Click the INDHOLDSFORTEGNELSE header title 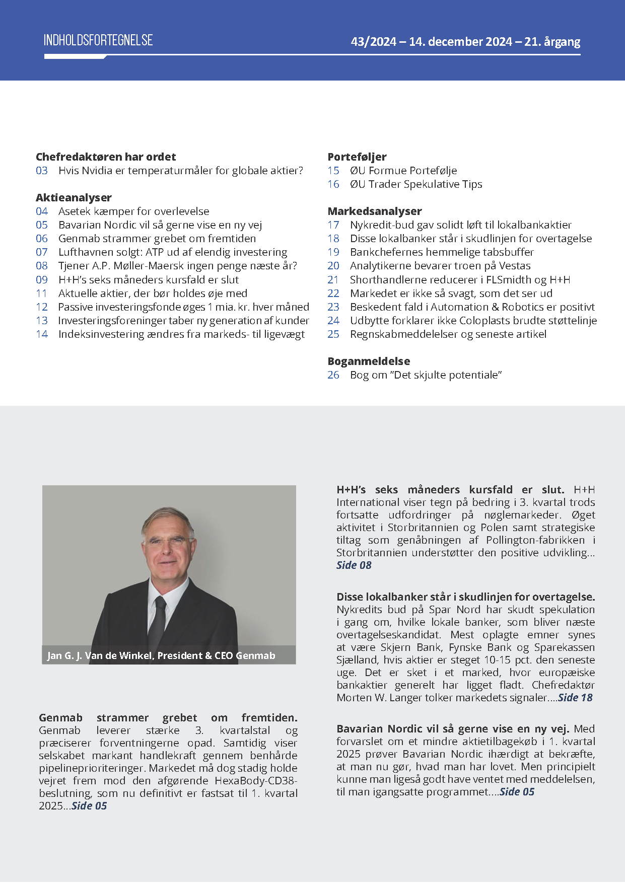tap(98, 40)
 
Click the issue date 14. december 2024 tap(460, 42)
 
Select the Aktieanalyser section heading tap(74, 197)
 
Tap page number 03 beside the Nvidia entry tap(42, 171)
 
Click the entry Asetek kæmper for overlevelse tap(133, 211)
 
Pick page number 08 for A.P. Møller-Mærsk tap(42, 266)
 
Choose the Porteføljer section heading tap(357, 157)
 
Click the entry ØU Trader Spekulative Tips tap(416, 184)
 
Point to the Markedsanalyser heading tap(375, 211)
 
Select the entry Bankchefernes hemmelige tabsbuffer tap(442, 252)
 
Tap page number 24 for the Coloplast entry tap(333, 321)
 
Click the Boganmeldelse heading tap(369, 361)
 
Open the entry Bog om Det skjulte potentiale tap(426, 375)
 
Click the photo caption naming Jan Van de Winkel tap(161, 655)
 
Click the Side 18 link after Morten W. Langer tap(575, 698)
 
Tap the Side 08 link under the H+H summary tap(354, 565)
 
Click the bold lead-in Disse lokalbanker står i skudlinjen tap(466, 597)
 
